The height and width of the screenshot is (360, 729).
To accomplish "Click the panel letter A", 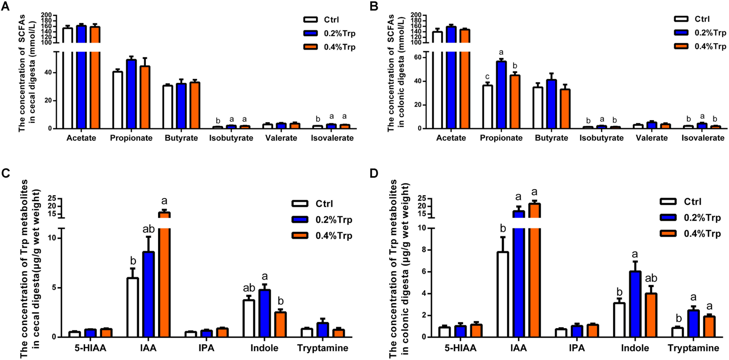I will pos(5,6).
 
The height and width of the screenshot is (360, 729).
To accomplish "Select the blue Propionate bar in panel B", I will pos(501,95).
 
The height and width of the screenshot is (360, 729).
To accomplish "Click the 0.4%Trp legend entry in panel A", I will pos(330,47).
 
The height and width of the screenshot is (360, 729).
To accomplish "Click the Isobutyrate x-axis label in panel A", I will pos(231,138).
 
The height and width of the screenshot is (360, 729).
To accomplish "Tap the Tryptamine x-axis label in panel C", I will pos(323,348).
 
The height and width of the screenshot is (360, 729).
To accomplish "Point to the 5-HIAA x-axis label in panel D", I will pos(460,348).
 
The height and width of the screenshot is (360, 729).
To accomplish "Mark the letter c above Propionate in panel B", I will pos(487,77).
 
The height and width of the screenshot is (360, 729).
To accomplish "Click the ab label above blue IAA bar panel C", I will pos(148,229).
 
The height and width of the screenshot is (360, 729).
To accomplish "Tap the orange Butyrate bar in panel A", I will pos(194,105).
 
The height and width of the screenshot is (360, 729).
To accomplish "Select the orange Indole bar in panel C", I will pos(280,324).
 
